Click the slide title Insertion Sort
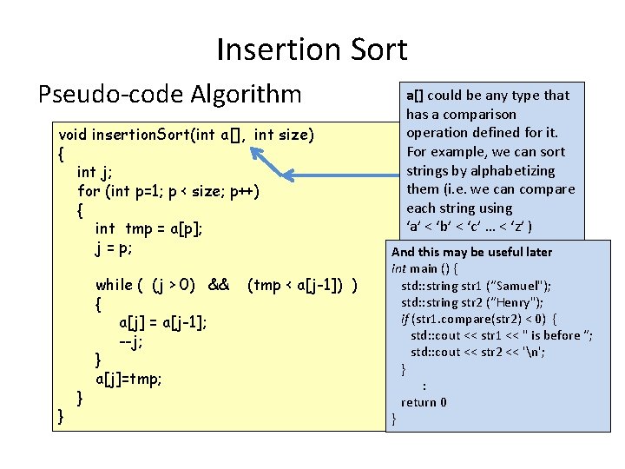point(312,50)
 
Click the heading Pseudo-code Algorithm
point(169,94)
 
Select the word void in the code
point(73,135)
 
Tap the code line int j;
point(98,172)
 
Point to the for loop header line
point(168,190)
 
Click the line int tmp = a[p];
point(149,228)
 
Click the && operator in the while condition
point(219,285)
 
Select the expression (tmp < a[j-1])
point(305,285)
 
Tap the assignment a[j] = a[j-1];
point(163,323)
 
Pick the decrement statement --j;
point(131,341)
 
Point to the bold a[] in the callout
point(415,96)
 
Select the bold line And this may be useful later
point(472,252)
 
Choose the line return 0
point(424,402)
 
